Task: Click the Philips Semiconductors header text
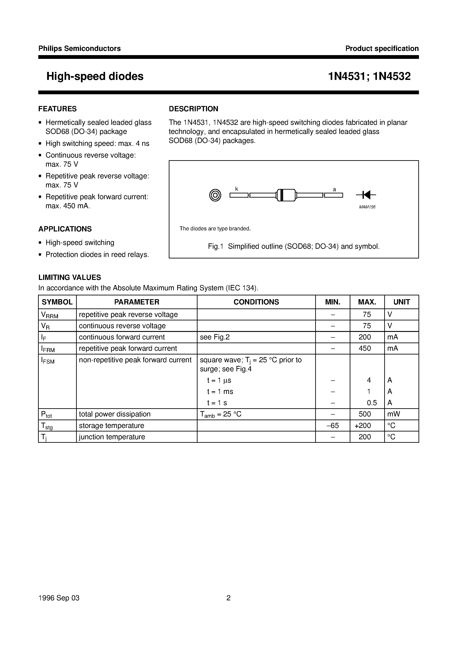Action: point(79,48)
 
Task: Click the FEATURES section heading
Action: point(58,109)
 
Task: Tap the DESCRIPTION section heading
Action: point(193,109)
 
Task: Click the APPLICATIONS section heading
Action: point(65,229)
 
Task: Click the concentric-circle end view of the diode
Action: point(215,195)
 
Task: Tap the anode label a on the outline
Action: point(334,190)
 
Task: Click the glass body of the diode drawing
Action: point(286,195)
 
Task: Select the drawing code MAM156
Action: point(367,207)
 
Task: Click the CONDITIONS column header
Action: point(256,302)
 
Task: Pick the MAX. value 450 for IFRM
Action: point(365,348)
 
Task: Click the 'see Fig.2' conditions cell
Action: point(215,337)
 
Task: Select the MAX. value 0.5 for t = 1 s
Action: point(372,403)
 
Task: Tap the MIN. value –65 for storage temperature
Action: point(332,426)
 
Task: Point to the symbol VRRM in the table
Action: point(50,315)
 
